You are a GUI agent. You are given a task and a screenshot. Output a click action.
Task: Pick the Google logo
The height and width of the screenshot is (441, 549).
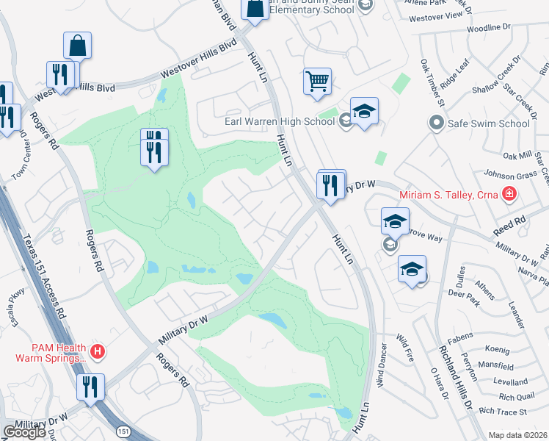24,432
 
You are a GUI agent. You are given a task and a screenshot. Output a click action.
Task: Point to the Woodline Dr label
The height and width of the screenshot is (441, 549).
487,27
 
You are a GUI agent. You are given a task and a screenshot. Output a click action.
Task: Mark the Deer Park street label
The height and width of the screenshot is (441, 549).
463,293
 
